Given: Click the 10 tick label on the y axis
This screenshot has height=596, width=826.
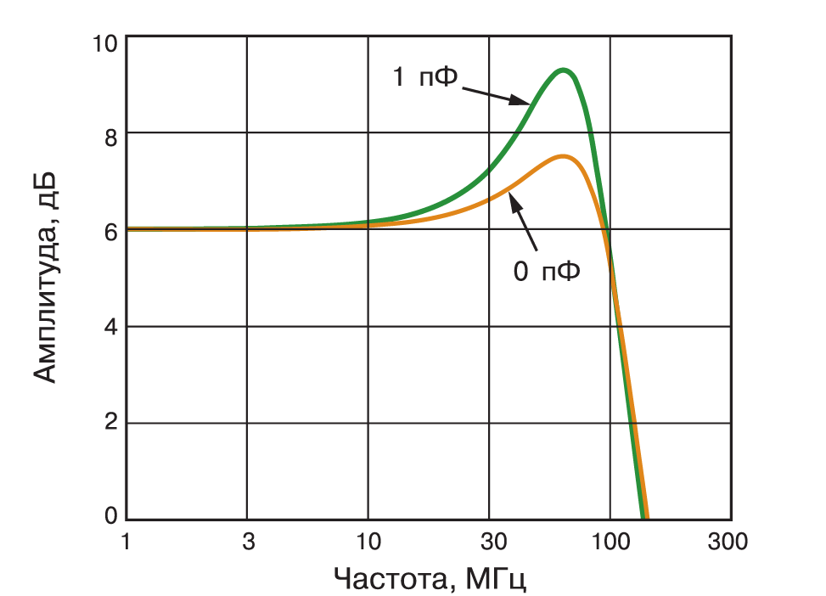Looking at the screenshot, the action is click(x=105, y=44).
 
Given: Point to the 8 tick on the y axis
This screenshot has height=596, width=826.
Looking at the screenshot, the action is click(x=110, y=138).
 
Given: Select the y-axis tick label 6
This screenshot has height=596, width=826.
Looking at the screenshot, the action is click(x=110, y=232).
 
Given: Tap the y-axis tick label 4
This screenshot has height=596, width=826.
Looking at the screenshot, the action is click(x=110, y=327).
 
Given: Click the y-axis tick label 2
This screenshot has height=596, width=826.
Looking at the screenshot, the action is click(x=110, y=422).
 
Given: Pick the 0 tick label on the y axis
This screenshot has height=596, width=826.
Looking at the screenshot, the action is click(x=110, y=514).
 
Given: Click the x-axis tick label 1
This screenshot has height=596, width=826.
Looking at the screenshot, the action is click(x=126, y=541).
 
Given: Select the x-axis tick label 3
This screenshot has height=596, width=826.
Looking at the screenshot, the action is click(x=248, y=541).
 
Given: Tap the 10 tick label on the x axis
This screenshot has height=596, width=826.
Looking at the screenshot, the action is click(x=368, y=541).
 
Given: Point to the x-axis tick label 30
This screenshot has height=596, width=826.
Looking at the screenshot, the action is click(x=493, y=541).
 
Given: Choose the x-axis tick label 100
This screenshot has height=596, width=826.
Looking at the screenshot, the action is click(x=610, y=541).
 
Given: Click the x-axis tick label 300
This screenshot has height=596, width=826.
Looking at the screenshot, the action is click(x=728, y=541).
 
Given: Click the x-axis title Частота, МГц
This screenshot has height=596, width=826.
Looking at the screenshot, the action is click(x=430, y=579).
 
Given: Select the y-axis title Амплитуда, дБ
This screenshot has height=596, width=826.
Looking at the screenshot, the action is click(x=44, y=278).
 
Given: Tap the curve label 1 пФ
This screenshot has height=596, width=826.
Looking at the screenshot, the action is click(x=425, y=77).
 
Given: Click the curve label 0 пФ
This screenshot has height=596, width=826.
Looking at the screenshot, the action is click(x=547, y=272).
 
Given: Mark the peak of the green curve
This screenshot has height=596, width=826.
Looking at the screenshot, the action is click(x=563, y=70).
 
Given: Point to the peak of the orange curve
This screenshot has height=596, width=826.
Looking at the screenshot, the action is click(x=563, y=156).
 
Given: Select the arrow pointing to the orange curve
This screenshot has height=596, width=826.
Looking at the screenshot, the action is click(x=523, y=222).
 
